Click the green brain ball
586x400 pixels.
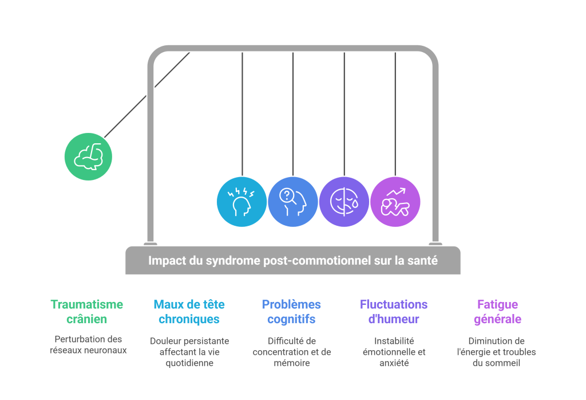(x=88, y=156)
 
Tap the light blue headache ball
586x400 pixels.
(x=242, y=202)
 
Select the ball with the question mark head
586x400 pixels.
(x=293, y=202)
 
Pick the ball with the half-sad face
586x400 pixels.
(x=344, y=202)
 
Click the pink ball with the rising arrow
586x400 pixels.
(x=395, y=202)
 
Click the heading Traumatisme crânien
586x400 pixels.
(x=87, y=312)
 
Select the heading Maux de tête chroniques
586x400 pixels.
(x=189, y=312)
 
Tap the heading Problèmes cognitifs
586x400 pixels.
(x=291, y=312)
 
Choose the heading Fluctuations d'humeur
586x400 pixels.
(x=394, y=312)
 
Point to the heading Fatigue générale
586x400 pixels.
(x=497, y=312)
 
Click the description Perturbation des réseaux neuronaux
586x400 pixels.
(x=88, y=344)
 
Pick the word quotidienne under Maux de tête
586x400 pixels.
(x=189, y=363)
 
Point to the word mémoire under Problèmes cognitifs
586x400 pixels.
(x=292, y=363)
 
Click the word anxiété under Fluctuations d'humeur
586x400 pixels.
(x=394, y=363)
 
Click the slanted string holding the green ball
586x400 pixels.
(x=147, y=95)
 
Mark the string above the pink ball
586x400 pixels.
(x=395, y=114)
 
